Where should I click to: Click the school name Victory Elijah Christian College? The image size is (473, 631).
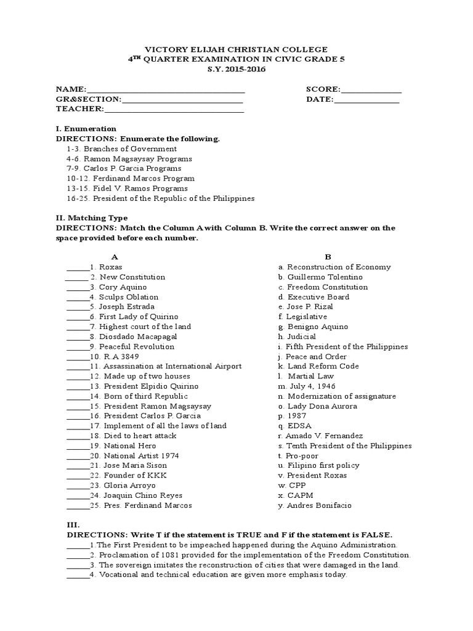(236, 49)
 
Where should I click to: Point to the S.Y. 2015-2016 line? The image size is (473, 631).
(236, 69)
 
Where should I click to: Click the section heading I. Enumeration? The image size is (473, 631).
(86, 129)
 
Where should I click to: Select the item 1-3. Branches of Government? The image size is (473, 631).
(121, 149)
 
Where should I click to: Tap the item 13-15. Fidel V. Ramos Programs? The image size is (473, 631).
(127, 188)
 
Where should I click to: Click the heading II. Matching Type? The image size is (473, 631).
(92, 218)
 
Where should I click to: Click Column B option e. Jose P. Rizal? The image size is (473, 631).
(309, 307)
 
